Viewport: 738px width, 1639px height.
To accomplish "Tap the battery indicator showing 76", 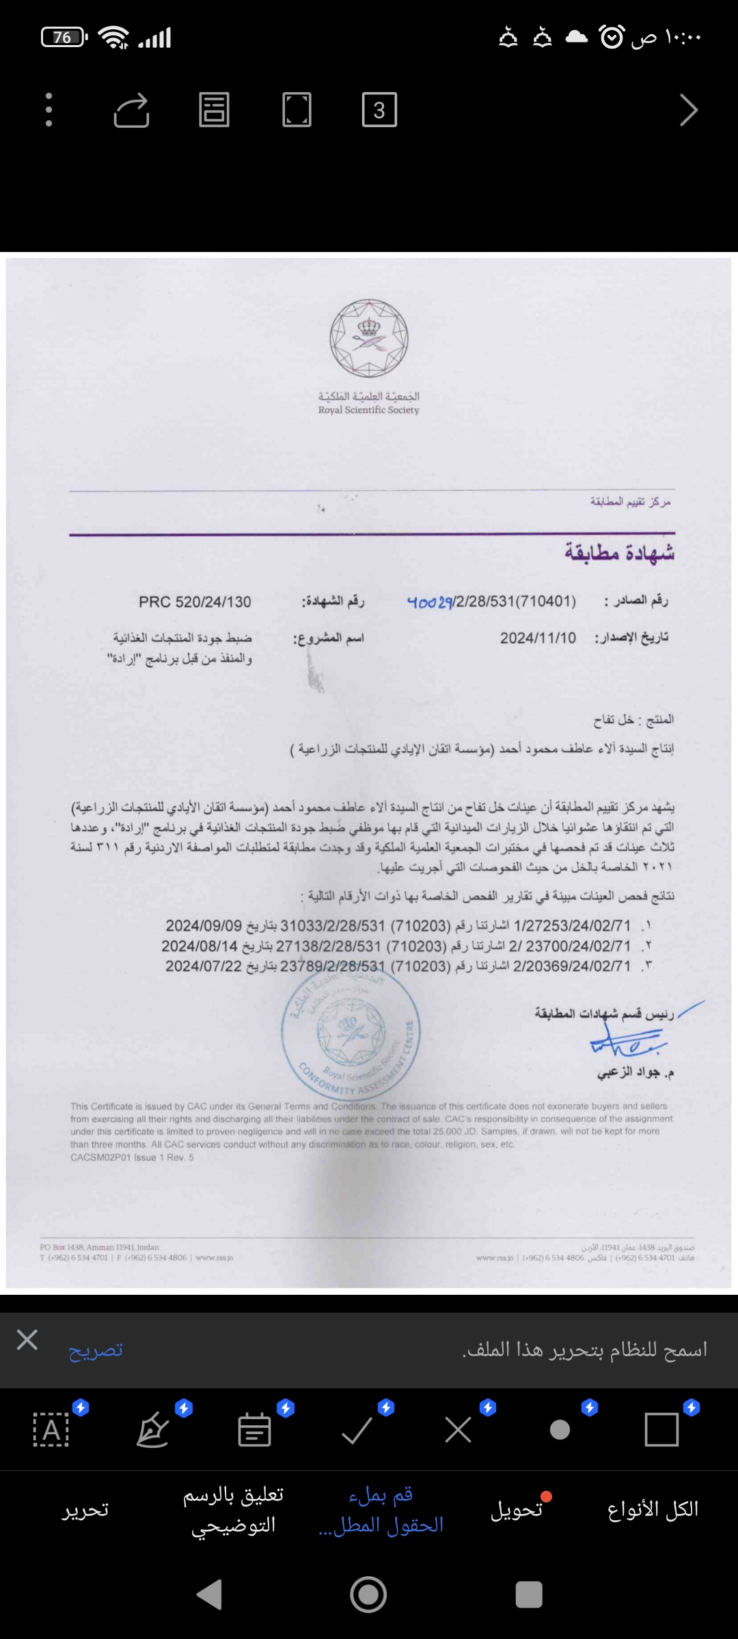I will coord(63,37).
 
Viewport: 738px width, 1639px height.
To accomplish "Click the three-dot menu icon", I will coord(49,110).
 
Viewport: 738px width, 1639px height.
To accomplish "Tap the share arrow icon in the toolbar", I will coord(131,110).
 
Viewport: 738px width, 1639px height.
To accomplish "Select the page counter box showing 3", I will coord(379,110).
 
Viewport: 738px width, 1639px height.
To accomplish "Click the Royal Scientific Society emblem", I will coord(369,339).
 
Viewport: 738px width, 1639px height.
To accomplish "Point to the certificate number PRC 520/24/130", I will coord(195,602).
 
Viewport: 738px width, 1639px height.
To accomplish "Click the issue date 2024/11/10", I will coord(538,638).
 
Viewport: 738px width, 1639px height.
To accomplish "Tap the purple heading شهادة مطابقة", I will coord(619,552).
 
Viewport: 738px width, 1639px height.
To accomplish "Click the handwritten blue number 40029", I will coord(430,602).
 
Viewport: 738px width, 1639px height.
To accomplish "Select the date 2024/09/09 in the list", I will coord(203,926).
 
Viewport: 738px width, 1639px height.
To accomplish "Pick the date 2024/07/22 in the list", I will coord(203,966).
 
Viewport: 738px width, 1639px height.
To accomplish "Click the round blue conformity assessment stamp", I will coord(351,1032).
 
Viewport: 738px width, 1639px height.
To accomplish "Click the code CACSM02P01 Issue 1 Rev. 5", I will coord(132,1158).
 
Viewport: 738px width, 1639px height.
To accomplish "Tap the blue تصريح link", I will coord(96,1350).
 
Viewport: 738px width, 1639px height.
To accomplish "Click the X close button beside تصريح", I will coord(27,1340).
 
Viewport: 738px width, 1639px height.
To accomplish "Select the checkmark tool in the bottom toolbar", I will coord(357,1429).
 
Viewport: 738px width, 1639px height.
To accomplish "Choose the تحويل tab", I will coord(517,1509).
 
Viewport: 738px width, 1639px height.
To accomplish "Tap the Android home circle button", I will coord(368,1595).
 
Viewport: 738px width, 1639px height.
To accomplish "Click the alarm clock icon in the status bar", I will coord(612,37).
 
